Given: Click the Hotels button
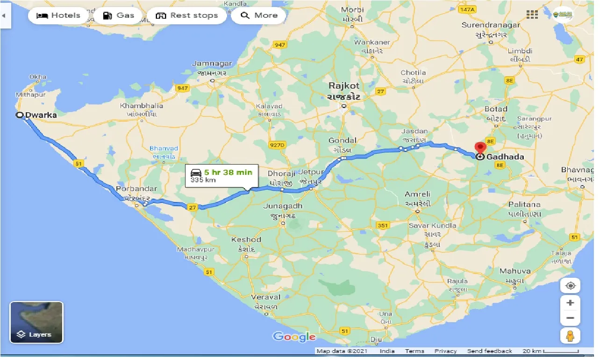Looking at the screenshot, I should (x=58, y=15).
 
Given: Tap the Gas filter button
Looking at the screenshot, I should (x=118, y=15).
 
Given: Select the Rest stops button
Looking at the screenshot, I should (x=186, y=15).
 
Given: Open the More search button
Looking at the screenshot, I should (x=259, y=15).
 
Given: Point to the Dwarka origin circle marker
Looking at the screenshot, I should (x=20, y=115).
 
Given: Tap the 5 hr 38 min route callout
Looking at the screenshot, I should (x=221, y=175).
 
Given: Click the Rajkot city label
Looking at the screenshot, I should (x=344, y=86).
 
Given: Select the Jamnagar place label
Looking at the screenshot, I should (x=212, y=64).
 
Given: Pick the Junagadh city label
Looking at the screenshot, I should (x=283, y=206).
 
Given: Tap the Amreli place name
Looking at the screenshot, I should (x=418, y=194).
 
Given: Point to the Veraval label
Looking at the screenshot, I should (x=265, y=297).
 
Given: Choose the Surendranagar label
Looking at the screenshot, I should (x=490, y=25).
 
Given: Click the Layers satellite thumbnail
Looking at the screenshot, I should (x=36, y=322).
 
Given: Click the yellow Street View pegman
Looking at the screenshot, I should (x=570, y=335).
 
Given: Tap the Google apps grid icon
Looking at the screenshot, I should (x=532, y=14).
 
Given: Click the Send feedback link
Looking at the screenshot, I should (x=489, y=351).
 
